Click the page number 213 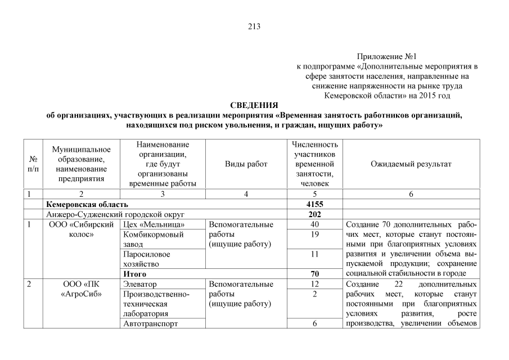pyautogui.click(x=254, y=26)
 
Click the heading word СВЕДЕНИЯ pyautogui.click(x=254, y=106)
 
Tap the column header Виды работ pyautogui.click(x=246, y=164)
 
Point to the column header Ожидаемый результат pyautogui.click(x=411, y=164)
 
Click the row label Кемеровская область pyautogui.click(x=87, y=204)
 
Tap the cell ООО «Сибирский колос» pyautogui.click(x=82, y=229)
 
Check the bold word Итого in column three pyautogui.click(x=134, y=274)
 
